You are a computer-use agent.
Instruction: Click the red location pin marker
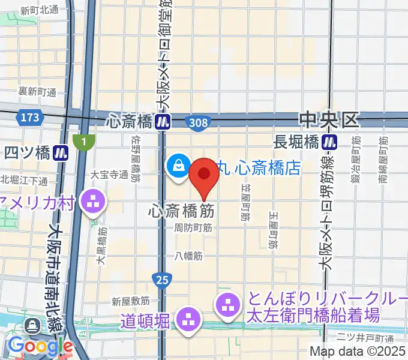[x=204, y=175]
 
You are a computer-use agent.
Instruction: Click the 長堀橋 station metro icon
[x=329, y=142]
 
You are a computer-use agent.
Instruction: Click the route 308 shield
[x=197, y=122]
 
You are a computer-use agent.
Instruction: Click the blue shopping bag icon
[x=179, y=167]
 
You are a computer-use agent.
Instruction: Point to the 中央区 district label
[x=329, y=120]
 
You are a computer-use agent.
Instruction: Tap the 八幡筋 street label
[x=190, y=256]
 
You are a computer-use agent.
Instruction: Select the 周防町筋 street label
[x=193, y=228]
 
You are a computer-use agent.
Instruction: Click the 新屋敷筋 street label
[x=130, y=301]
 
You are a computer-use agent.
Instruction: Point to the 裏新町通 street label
[x=37, y=92]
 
